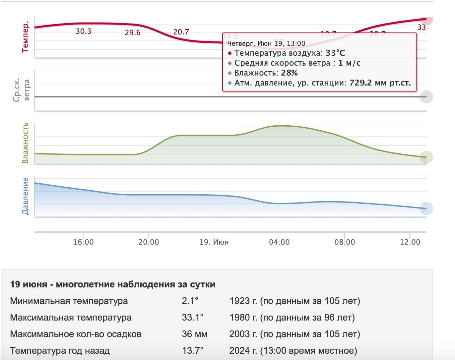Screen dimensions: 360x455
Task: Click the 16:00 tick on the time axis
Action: point(83,242)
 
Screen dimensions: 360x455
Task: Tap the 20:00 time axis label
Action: point(149,242)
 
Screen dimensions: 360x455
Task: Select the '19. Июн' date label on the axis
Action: point(214,242)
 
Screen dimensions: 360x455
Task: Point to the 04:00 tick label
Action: point(279,242)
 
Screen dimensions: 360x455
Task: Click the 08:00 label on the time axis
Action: point(345,242)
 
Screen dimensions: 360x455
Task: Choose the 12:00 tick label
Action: point(410,242)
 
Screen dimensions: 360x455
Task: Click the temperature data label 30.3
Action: point(83,31)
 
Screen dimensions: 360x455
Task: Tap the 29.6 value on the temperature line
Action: point(133,32)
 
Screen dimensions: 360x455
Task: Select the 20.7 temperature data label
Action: point(181,32)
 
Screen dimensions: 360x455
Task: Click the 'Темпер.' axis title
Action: point(25,37)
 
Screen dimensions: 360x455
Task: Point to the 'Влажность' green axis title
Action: point(25,143)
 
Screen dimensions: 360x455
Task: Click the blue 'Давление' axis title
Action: point(25,196)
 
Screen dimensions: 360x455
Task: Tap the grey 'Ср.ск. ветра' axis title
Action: point(22,90)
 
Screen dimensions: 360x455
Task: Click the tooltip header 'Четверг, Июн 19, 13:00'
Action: point(266,43)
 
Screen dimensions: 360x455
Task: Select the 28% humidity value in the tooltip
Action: point(289,73)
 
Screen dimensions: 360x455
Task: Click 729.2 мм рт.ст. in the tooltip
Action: point(380,83)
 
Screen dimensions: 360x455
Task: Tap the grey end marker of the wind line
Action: point(426,97)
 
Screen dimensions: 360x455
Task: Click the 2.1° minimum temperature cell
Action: point(190,301)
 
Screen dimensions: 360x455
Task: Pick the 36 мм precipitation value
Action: point(194,334)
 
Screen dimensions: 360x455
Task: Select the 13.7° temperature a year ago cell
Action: point(192,351)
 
